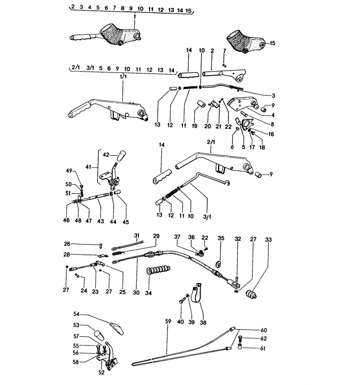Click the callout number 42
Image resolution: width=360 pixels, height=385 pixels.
(106, 154)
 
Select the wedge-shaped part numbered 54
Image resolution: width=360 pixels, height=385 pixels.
(116, 328)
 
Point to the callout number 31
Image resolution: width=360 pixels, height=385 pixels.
(137, 235)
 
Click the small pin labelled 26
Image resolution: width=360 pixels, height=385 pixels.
(101, 244)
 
